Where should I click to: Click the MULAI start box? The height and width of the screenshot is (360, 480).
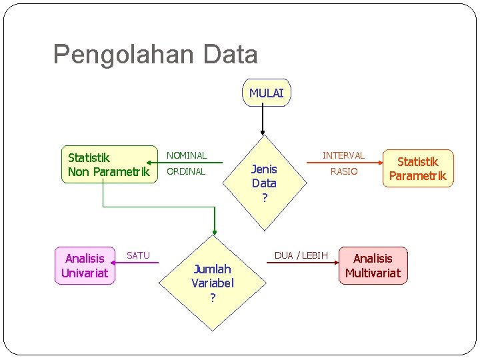(266, 93)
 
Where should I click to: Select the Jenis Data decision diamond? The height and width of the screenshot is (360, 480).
(264, 183)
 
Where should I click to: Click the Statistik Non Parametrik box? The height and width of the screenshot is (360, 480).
(108, 164)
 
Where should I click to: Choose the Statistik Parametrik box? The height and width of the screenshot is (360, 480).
(418, 169)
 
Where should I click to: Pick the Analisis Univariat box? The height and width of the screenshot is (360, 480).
(85, 265)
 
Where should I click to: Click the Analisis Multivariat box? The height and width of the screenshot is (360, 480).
(373, 265)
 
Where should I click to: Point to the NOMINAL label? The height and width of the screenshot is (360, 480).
(187, 155)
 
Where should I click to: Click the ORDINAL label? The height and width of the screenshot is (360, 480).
(186, 171)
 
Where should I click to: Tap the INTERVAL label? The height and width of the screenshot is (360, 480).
(343, 155)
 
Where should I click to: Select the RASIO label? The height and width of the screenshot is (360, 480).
(344, 171)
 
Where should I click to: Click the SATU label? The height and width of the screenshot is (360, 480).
(138, 255)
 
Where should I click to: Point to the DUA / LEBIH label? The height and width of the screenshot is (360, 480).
(301, 255)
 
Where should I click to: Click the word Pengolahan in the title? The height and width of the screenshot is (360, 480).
(109, 55)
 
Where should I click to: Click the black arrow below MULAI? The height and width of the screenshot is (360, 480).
(263, 120)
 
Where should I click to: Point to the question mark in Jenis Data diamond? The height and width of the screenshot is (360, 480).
(264, 197)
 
